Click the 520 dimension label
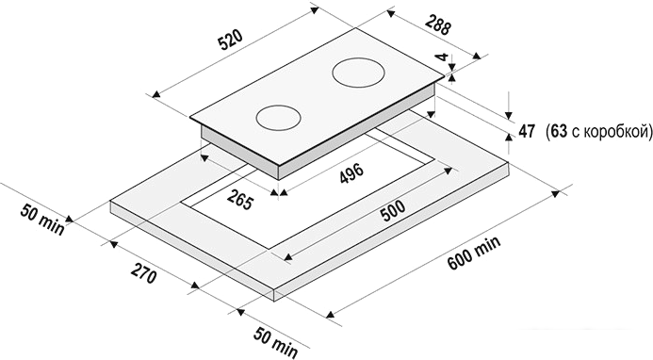pyautogui.click(x=230, y=40)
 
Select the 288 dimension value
pyautogui.click(x=438, y=25)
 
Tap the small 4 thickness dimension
pyautogui.click(x=443, y=57)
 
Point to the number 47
pyautogui.click(x=527, y=131)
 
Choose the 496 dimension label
pyautogui.click(x=351, y=172)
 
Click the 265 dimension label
pyautogui.click(x=240, y=199)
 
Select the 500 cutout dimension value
pyautogui.click(x=392, y=212)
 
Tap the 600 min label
pyautogui.click(x=474, y=253)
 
